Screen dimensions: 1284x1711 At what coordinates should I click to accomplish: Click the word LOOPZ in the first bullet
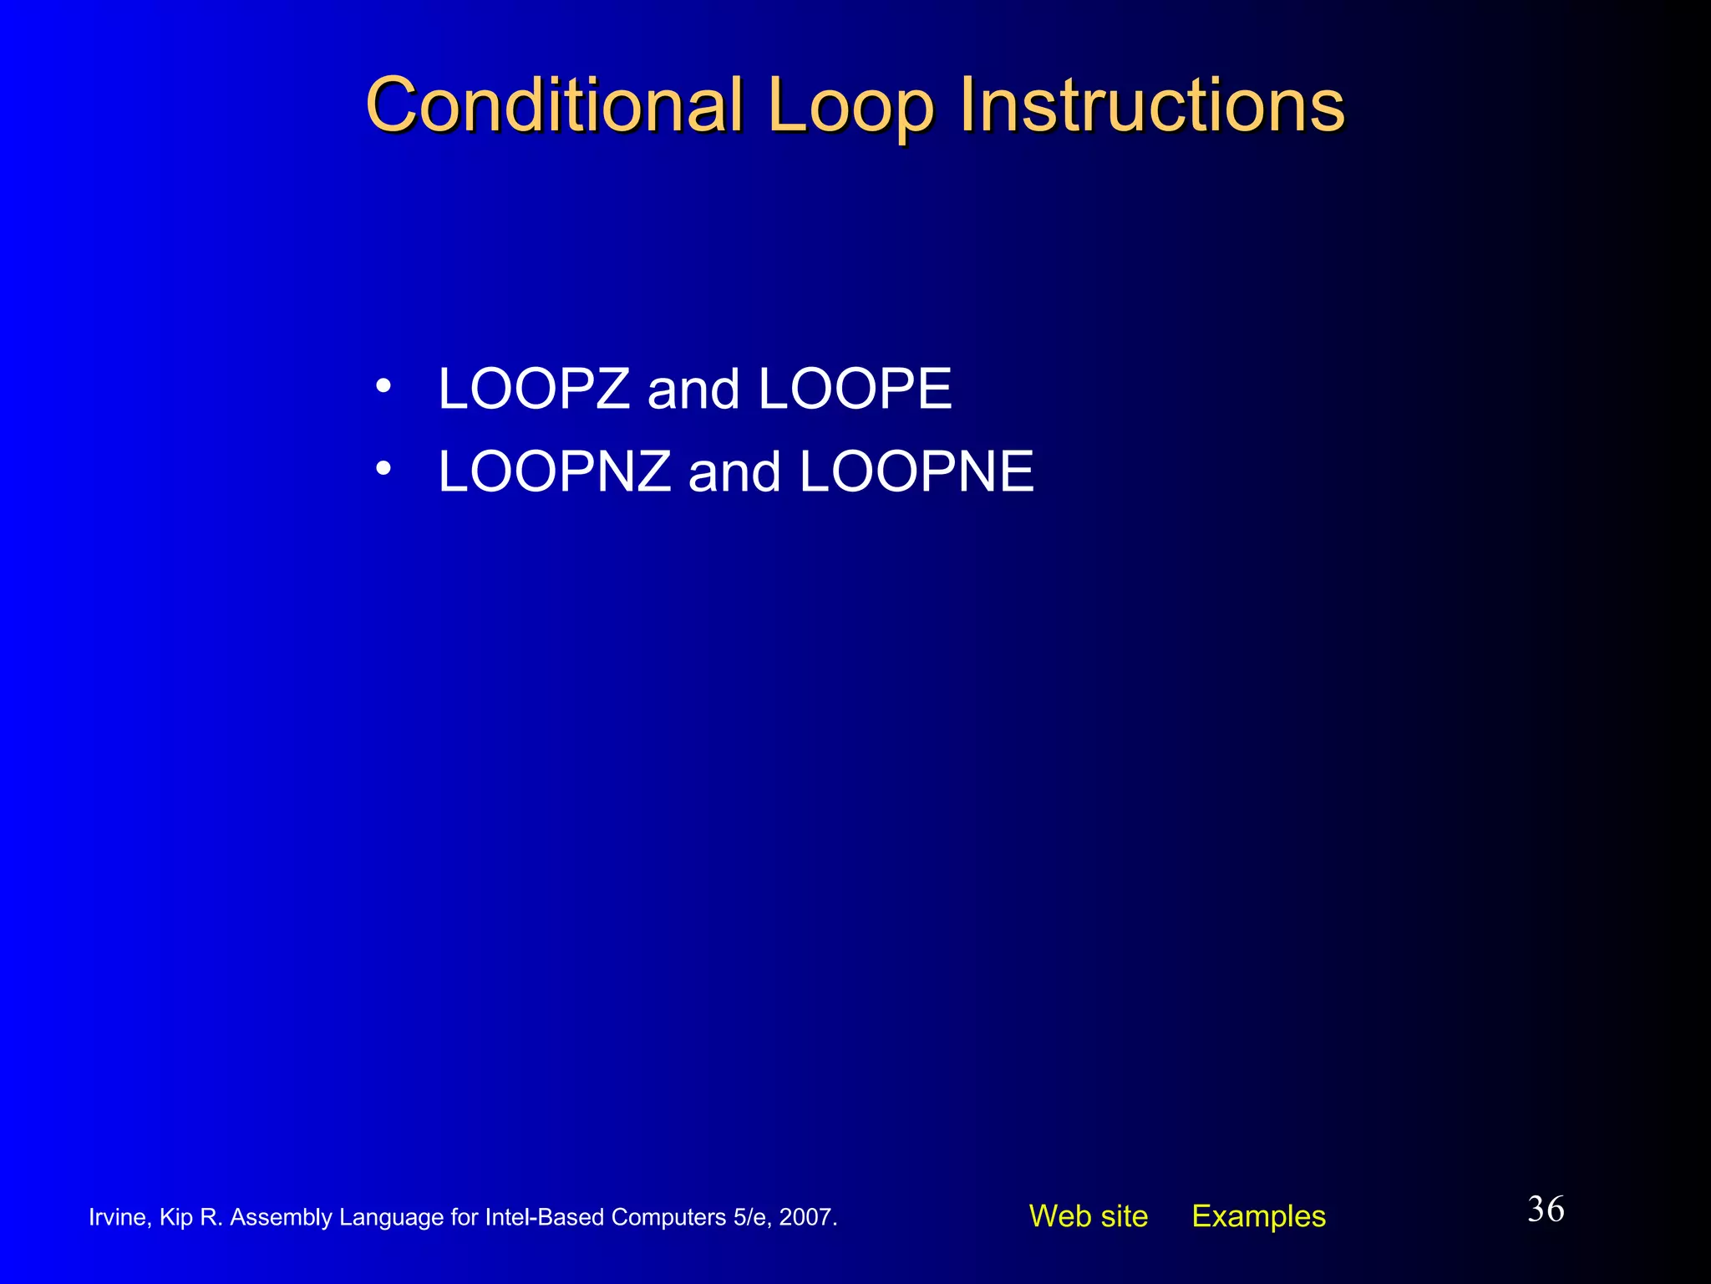coord(534,389)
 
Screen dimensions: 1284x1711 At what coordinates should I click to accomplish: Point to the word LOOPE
coord(855,389)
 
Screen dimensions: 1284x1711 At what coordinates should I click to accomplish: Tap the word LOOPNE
coord(916,471)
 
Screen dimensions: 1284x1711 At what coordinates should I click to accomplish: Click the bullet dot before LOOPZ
coord(383,386)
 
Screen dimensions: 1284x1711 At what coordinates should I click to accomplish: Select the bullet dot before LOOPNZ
coord(383,469)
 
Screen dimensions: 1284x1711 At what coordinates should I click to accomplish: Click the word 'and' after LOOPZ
coord(693,390)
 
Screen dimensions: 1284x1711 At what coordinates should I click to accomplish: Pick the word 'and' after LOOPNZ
coord(734,472)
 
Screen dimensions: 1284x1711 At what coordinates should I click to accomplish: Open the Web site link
coord(1088,1216)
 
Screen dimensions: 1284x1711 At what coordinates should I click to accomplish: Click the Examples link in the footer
coord(1258,1216)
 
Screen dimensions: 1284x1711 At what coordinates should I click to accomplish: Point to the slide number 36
coord(1546,1210)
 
